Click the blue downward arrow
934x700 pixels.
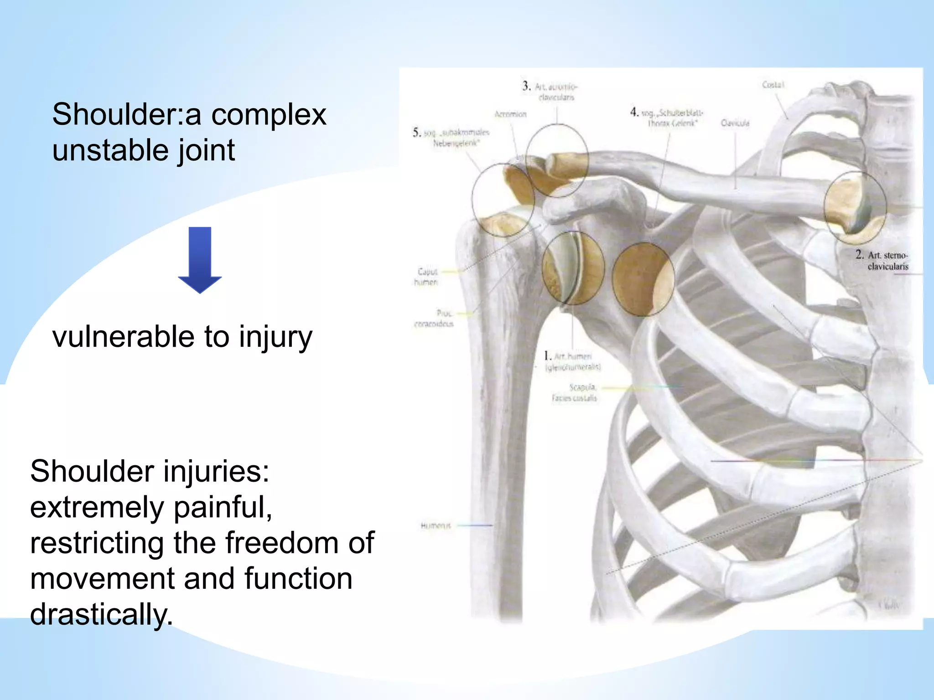point(200,260)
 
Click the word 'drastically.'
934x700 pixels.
point(101,614)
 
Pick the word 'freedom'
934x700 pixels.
point(283,543)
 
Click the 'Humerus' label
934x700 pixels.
point(436,525)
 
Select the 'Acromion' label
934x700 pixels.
point(510,114)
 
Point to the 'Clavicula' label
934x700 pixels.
point(735,123)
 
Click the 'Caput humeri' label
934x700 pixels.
point(426,277)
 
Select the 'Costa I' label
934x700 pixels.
point(773,85)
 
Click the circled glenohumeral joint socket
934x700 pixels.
point(573,268)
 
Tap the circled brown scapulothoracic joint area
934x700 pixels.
point(642,279)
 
